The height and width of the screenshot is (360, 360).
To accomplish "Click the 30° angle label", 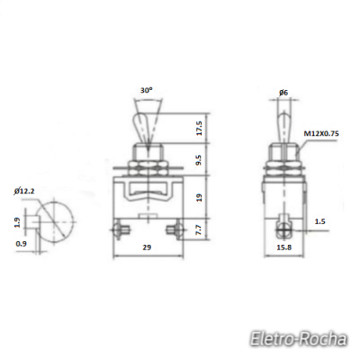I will coord(146,91).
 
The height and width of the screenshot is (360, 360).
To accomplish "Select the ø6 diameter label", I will coord(283,93).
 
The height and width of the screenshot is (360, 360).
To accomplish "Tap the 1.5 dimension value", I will coord(320,221).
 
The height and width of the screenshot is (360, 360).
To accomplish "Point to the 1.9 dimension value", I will coord(17,221).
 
